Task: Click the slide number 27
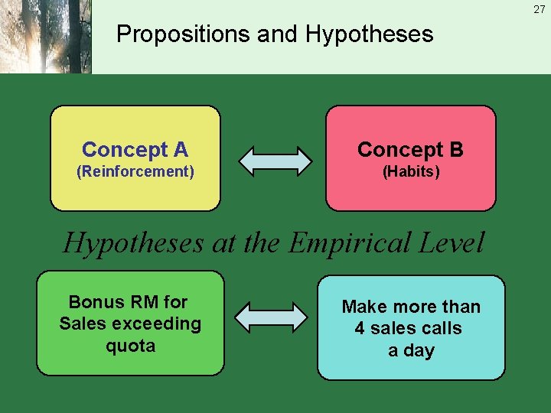[539, 9]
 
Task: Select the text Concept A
[135, 149]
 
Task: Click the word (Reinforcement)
[135, 171]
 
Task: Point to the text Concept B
[410, 149]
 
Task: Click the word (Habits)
[411, 171]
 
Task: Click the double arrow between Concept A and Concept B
[275, 160]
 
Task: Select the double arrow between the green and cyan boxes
[270, 317]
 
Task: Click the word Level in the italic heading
[452, 243]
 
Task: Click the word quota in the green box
[130, 346]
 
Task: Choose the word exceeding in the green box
[157, 324]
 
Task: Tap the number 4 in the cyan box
[360, 329]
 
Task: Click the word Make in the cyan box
[361, 307]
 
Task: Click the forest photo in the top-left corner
[46, 37]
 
